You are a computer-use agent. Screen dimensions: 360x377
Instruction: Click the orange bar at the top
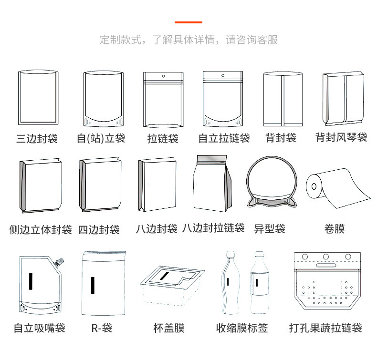pyautogui.click(x=188, y=22)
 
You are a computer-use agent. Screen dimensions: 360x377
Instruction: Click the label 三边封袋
pyautogui.click(x=37, y=139)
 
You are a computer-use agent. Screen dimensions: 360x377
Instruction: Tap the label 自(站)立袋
pyautogui.click(x=101, y=139)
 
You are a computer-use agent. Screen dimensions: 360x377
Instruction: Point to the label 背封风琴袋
pyautogui.click(x=341, y=138)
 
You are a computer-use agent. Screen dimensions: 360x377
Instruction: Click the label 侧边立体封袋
pyautogui.click(x=41, y=230)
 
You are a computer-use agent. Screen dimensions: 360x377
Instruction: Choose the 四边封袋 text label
pyautogui.click(x=99, y=230)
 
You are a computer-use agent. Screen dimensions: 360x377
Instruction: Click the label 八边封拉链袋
pyautogui.click(x=213, y=228)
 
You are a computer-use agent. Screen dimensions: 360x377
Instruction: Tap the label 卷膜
pyautogui.click(x=335, y=229)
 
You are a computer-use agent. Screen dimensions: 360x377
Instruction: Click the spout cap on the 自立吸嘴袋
pyautogui.click(x=61, y=261)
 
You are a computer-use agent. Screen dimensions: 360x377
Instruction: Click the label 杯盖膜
pyautogui.click(x=168, y=329)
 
